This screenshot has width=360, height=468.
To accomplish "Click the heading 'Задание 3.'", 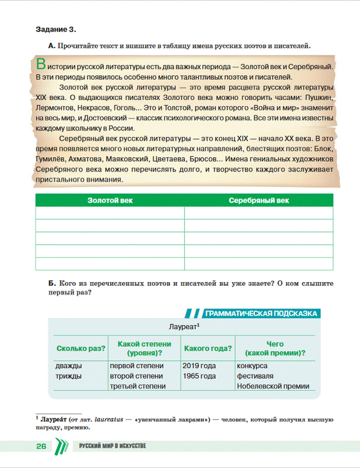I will coord(56,30).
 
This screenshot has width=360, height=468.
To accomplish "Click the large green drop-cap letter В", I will coord(41,64).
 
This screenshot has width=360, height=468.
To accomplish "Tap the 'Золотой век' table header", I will coord(110,201).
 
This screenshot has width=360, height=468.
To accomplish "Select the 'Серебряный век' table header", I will coord(259,201).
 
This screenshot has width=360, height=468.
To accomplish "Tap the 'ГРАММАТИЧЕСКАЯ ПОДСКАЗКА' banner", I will coord(261,314).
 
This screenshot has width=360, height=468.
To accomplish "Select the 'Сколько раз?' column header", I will coord(81,348).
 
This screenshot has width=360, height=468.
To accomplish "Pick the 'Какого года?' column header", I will coord(208,348).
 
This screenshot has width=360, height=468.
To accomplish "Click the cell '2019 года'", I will coord(199,366).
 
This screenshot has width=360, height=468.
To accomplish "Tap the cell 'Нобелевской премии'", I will coord(273,386).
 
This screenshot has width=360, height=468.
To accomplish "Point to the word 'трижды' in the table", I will coord(68,376).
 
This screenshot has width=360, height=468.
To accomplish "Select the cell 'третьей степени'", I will coord(138,386).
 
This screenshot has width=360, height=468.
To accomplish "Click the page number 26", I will coord(41,446).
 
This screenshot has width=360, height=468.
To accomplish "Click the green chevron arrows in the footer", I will coord(61,446).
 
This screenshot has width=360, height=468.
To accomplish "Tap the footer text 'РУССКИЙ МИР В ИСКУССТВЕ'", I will coord(112,446).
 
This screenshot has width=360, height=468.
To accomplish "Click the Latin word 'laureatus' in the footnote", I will coord(109,420).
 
